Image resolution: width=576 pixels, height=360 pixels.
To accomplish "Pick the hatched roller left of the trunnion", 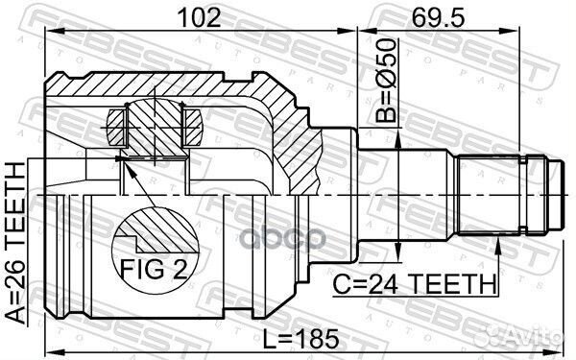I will [x=115, y=126].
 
